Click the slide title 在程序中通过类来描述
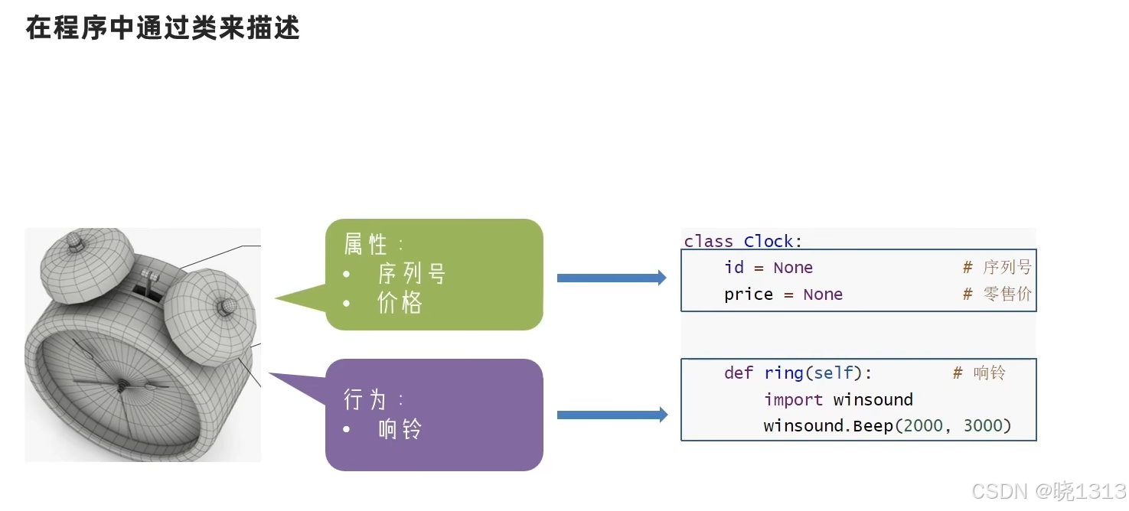pos(162,28)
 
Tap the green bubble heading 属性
pos(366,245)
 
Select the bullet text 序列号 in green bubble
pos(411,274)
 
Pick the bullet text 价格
pos(400,303)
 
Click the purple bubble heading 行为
pos(365,399)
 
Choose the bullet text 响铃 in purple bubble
pos(400,429)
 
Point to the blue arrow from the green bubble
pos(611,278)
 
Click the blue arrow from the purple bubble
pos(611,415)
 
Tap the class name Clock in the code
pos(768,242)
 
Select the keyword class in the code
pos(708,242)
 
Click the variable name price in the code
pos(748,295)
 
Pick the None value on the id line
pos(793,268)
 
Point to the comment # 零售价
pos(997,295)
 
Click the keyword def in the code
pos(739,373)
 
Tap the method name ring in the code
pos(784,373)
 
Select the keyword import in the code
pos(793,399)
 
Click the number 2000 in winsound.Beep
pos(923,426)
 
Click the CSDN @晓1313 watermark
pos(1048,491)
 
